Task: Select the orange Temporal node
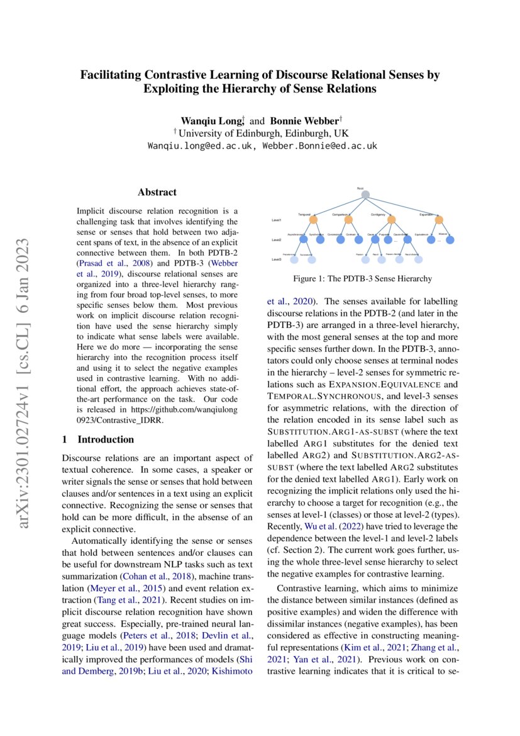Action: point(313,220)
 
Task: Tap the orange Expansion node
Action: point(439,220)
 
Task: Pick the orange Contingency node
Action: point(392,220)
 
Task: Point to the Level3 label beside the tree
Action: point(277,259)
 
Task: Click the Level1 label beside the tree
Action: point(277,220)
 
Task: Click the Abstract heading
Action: point(157,193)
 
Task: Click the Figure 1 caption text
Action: point(362,278)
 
